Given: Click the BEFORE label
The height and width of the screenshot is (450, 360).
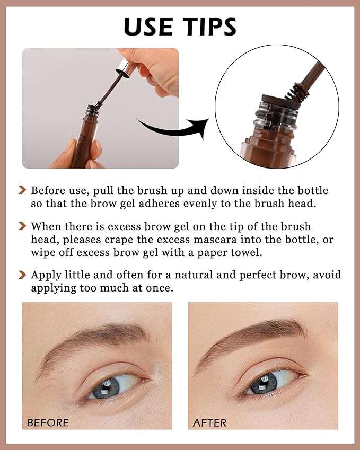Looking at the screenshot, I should click(x=48, y=422).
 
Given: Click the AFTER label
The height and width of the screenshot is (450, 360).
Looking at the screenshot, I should click(x=209, y=422).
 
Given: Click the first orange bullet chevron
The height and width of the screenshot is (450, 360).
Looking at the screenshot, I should click(x=22, y=190).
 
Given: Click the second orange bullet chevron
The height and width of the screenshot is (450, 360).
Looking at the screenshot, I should click(x=22, y=226).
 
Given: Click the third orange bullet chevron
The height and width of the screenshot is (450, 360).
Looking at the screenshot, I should click(x=22, y=275).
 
